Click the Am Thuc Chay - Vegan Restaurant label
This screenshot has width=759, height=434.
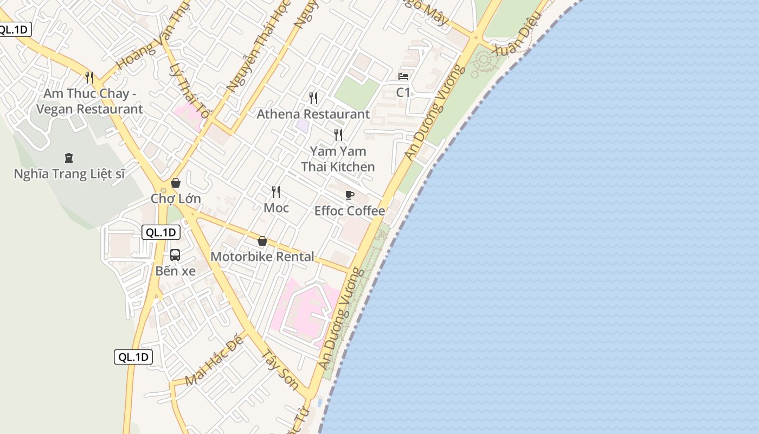pyautogui.click(x=89, y=101)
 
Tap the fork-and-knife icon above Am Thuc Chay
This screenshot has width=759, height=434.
pyautogui.click(x=89, y=78)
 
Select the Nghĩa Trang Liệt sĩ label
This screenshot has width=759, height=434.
pyautogui.click(x=69, y=174)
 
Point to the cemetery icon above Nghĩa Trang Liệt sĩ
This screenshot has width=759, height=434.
pyautogui.click(x=69, y=158)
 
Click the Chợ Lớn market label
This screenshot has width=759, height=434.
pyautogui.click(x=176, y=199)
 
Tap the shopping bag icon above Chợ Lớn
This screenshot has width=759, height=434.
pyautogui.click(x=175, y=183)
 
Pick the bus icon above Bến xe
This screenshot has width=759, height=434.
pyautogui.click(x=175, y=254)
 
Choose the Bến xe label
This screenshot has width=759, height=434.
pyautogui.click(x=175, y=271)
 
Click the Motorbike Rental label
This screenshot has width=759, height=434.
pyautogui.click(x=262, y=257)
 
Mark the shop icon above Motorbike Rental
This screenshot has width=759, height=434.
pyautogui.click(x=262, y=241)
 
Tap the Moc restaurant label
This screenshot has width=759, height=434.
pyautogui.click(x=276, y=208)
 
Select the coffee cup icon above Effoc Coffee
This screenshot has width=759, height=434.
pyautogui.click(x=350, y=195)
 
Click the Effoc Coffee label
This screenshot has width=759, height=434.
pyautogui.click(x=350, y=211)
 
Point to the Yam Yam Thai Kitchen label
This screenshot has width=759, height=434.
pyautogui.click(x=338, y=159)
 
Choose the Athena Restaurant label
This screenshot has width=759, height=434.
pyautogui.click(x=313, y=114)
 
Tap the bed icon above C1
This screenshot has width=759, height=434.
pyautogui.click(x=403, y=76)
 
